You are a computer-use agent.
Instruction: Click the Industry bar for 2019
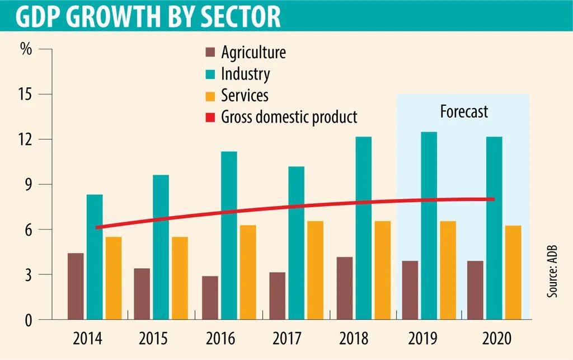429,226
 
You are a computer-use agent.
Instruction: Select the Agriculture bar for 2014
76,286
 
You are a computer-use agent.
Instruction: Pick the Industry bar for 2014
95,257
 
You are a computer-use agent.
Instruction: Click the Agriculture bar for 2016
210,298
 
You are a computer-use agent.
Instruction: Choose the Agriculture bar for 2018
345,288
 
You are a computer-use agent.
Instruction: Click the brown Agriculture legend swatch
210,53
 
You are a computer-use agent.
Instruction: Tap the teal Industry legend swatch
210,74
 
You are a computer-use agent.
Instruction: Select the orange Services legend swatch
210,96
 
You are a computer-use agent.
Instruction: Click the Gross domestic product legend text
289,118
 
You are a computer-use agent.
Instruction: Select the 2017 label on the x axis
287,339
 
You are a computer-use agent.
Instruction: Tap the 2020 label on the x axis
496,339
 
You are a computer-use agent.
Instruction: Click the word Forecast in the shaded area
464,111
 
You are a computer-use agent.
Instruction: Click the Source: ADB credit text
553,270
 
